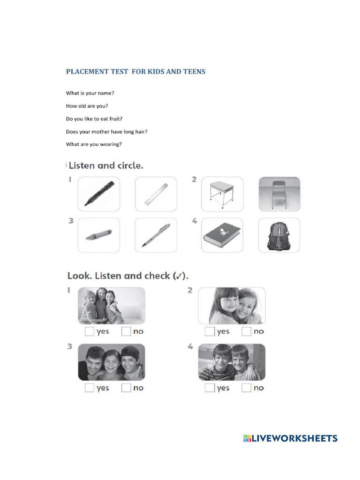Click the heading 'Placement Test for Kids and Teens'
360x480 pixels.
[135, 72]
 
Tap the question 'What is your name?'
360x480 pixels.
[90, 93]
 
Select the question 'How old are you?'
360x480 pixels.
[87, 106]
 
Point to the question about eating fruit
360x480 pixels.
[94, 119]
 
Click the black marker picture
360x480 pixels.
[98, 194]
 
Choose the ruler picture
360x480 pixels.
[156, 194]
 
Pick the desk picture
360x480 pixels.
[222, 194]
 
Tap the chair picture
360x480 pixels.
[279, 194]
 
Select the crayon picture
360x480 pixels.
[98, 235]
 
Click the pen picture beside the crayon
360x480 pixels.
[156, 235]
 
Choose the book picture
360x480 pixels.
[222, 235]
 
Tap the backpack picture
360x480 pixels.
[279, 235]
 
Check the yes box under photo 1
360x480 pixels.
[90, 332]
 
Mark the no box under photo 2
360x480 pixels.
[247, 332]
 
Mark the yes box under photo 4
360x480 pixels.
[210, 388]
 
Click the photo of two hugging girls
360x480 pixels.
[232, 306]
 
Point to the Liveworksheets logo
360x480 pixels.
[290, 438]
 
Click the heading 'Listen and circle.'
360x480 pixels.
[105, 165]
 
